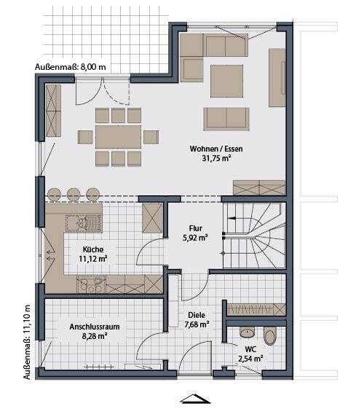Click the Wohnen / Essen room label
[215, 148]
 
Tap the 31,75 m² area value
[217, 159]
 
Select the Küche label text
[93, 250]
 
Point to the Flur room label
[196, 228]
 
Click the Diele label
[197, 315]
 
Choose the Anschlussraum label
[95, 327]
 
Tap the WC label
[250, 349]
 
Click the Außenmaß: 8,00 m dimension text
[71, 67]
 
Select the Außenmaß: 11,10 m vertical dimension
[27, 342]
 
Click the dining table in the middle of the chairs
[118, 137]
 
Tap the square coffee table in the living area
[226, 81]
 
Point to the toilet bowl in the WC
[270, 336]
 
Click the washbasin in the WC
[248, 333]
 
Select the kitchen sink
[83, 223]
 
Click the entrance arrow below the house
[195, 399]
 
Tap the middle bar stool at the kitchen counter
[74, 195]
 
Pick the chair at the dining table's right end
[151, 137]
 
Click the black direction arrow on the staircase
[232, 218]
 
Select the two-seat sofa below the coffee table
[226, 119]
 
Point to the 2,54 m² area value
[250, 359]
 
